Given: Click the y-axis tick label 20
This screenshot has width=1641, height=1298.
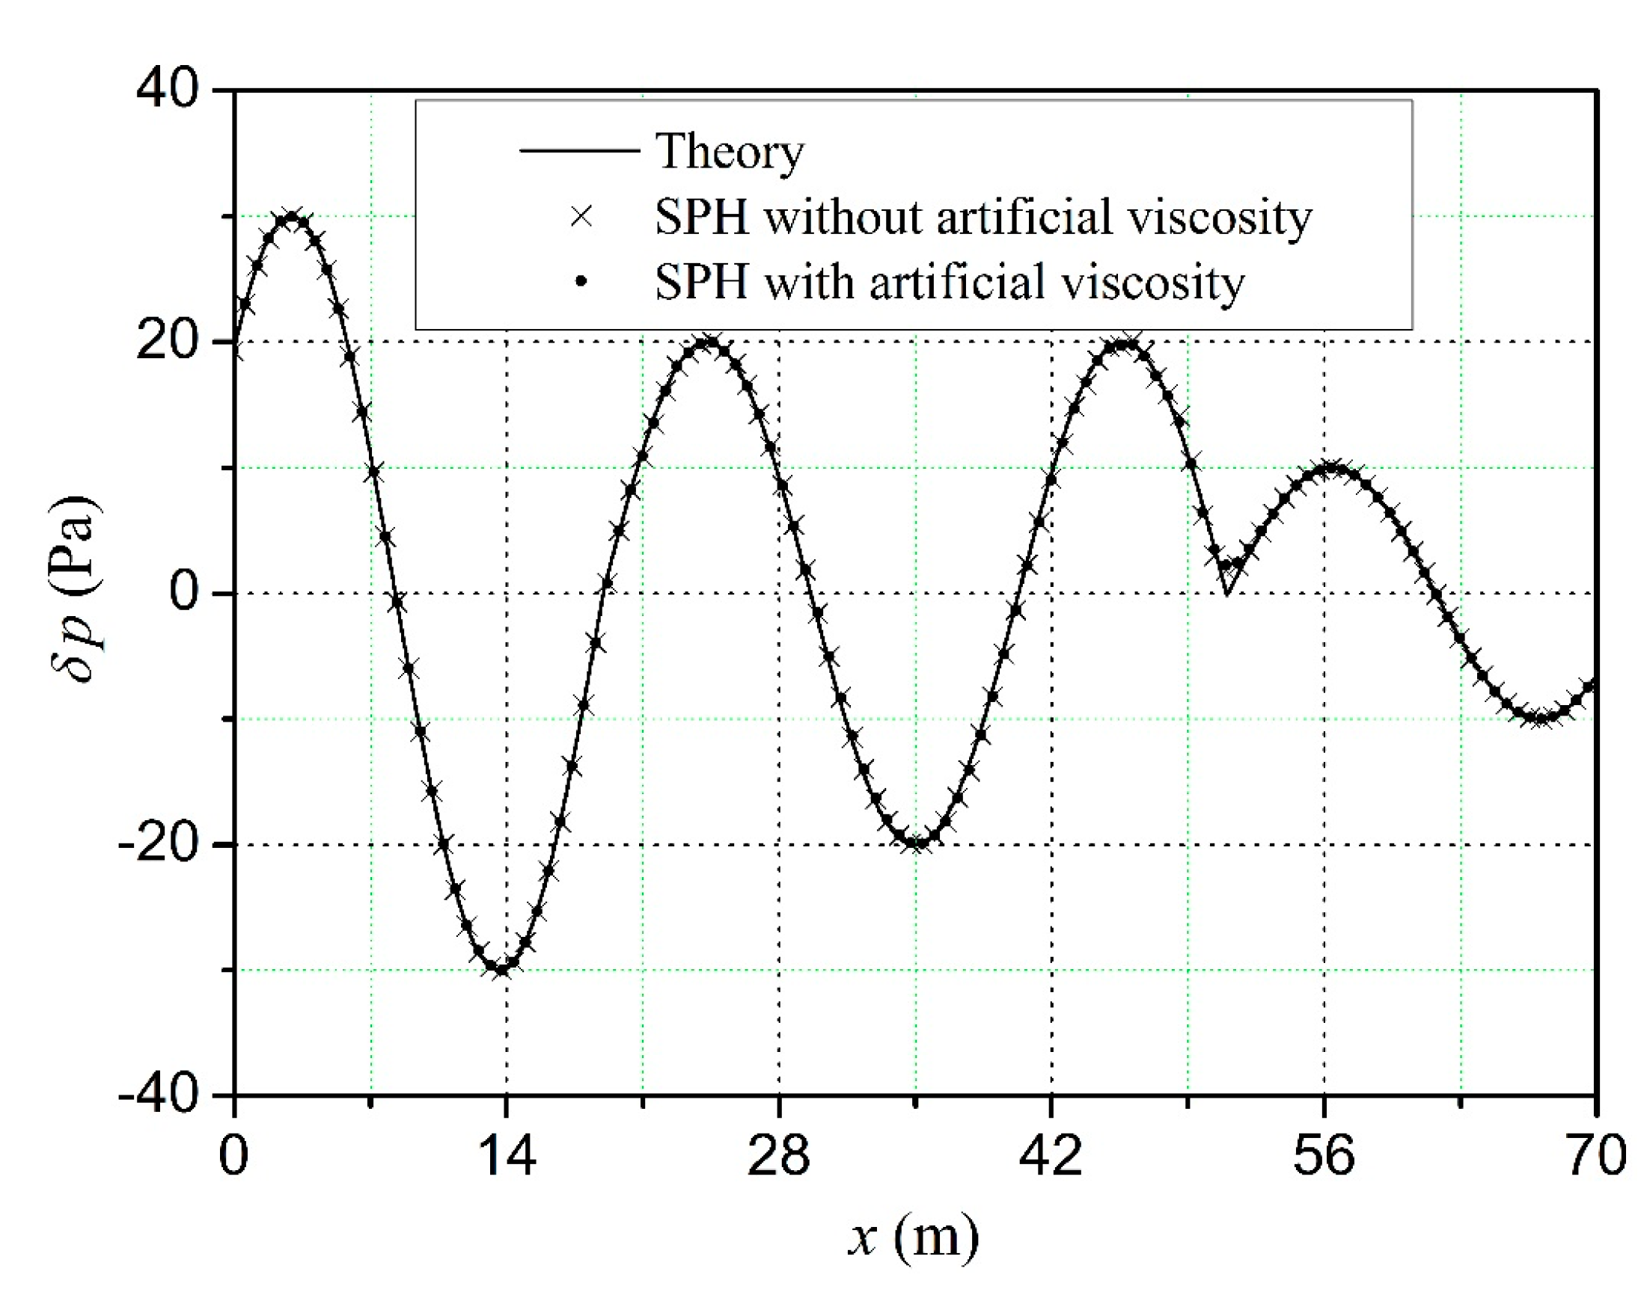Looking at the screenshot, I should pyautogui.click(x=167, y=342).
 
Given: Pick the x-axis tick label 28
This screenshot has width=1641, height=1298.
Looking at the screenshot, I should pyautogui.click(x=779, y=1156).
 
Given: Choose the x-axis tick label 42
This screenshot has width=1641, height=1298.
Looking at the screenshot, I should pyautogui.click(x=1051, y=1156).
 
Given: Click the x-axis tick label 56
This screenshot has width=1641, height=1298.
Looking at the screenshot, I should pyautogui.click(x=1324, y=1156).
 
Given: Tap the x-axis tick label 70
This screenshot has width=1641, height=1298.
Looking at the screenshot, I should pyautogui.click(x=1595, y=1156).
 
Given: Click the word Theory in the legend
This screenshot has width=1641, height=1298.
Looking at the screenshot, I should pyautogui.click(x=730, y=153).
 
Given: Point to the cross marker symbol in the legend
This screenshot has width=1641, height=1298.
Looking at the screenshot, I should pyautogui.click(x=581, y=217).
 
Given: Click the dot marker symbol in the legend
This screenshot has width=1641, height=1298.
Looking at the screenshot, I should pyautogui.click(x=581, y=282).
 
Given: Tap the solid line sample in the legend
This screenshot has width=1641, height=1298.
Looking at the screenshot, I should pyautogui.click(x=579, y=150).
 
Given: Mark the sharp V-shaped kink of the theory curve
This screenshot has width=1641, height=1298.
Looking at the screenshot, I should pyautogui.click(x=1226, y=593).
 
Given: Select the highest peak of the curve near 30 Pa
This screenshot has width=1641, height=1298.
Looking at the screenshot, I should pyautogui.click(x=291, y=218).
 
